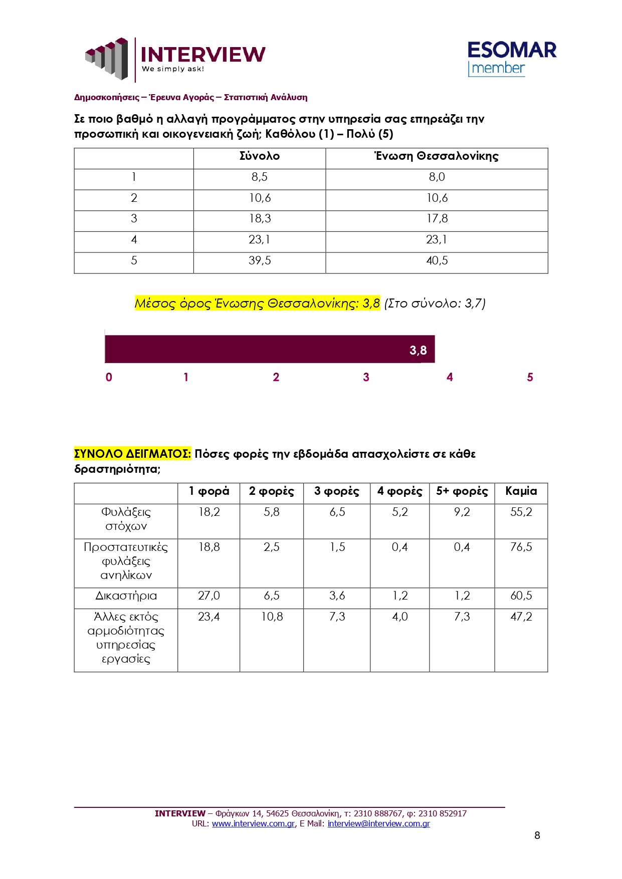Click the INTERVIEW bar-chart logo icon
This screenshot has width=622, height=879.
pyautogui.click(x=107, y=59)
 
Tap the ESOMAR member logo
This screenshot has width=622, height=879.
pyautogui.click(x=511, y=59)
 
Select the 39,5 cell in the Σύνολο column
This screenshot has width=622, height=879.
pyautogui.click(x=260, y=261)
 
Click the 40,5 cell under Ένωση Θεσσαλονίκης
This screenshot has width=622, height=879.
pyautogui.click(x=437, y=261)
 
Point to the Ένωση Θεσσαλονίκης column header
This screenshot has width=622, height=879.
pyautogui.click(x=437, y=156)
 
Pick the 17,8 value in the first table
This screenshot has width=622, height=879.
pyautogui.click(x=437, y=219)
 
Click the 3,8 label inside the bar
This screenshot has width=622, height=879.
pyautogui.click(x=418, y=350)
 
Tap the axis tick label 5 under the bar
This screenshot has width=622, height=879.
pyautogui.click(x=530, y=378)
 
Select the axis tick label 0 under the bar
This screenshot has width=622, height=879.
pyautogui.click(x=109, y=378)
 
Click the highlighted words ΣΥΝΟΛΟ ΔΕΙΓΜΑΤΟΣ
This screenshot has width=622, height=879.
pyautogui.click(x=132, y=454)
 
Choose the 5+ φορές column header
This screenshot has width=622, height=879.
pyautogui.click(x=462, y=491)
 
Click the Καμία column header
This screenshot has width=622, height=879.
pyautogui.click(x=521, y=491)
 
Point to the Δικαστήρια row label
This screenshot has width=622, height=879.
pyautogui.click(x=126, y=596)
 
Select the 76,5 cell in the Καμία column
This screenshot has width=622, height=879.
pyautogui.click(x=521, y=547)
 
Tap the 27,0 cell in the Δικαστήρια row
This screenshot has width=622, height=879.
pyautogui.click(x=209, y=596)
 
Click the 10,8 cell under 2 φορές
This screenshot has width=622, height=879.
pyautogui.click(x=272, y=617)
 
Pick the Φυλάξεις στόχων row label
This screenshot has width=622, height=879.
pyautogui.click(x=126, y=519)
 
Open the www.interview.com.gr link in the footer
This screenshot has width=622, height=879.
pyautogui.click(x=253, y=823)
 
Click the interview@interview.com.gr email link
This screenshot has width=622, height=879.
pyautogui.click(x=378, y=823)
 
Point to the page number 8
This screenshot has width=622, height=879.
pyautogui.click(x=537, y=835)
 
